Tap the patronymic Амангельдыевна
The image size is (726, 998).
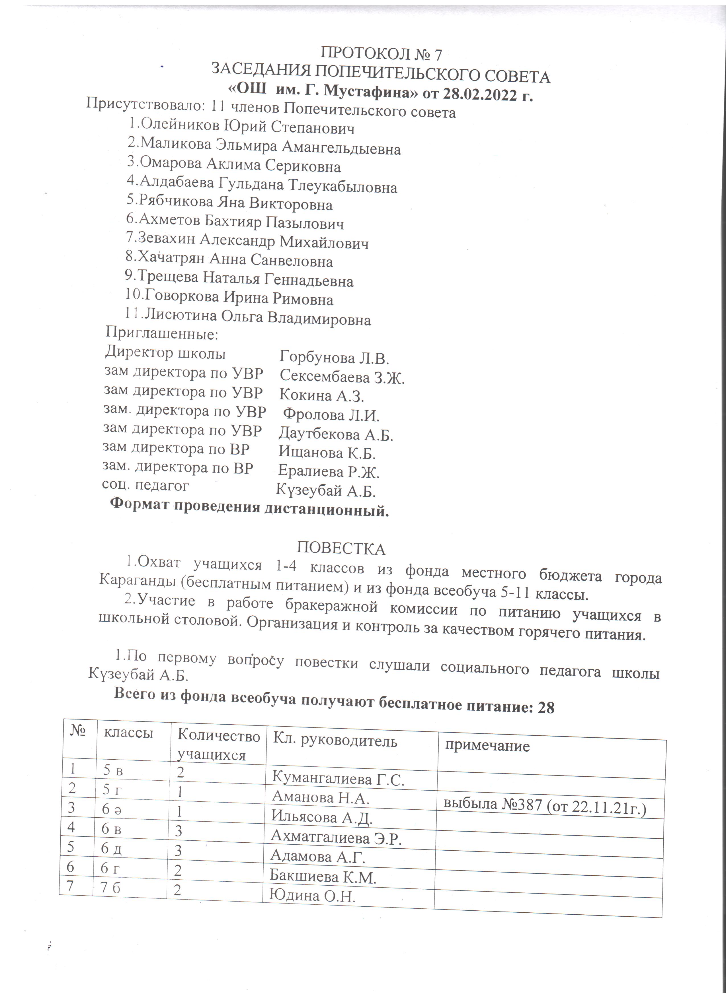(x=341, y=148)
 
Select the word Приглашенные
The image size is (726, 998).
(x=162, y=333)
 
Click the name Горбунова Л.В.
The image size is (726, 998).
(x=334, y=358)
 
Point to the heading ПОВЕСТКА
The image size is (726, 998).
(x=341, y=549)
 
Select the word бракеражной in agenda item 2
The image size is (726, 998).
(x=331, y=607)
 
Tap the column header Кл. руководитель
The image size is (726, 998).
(x=335, y=741)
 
